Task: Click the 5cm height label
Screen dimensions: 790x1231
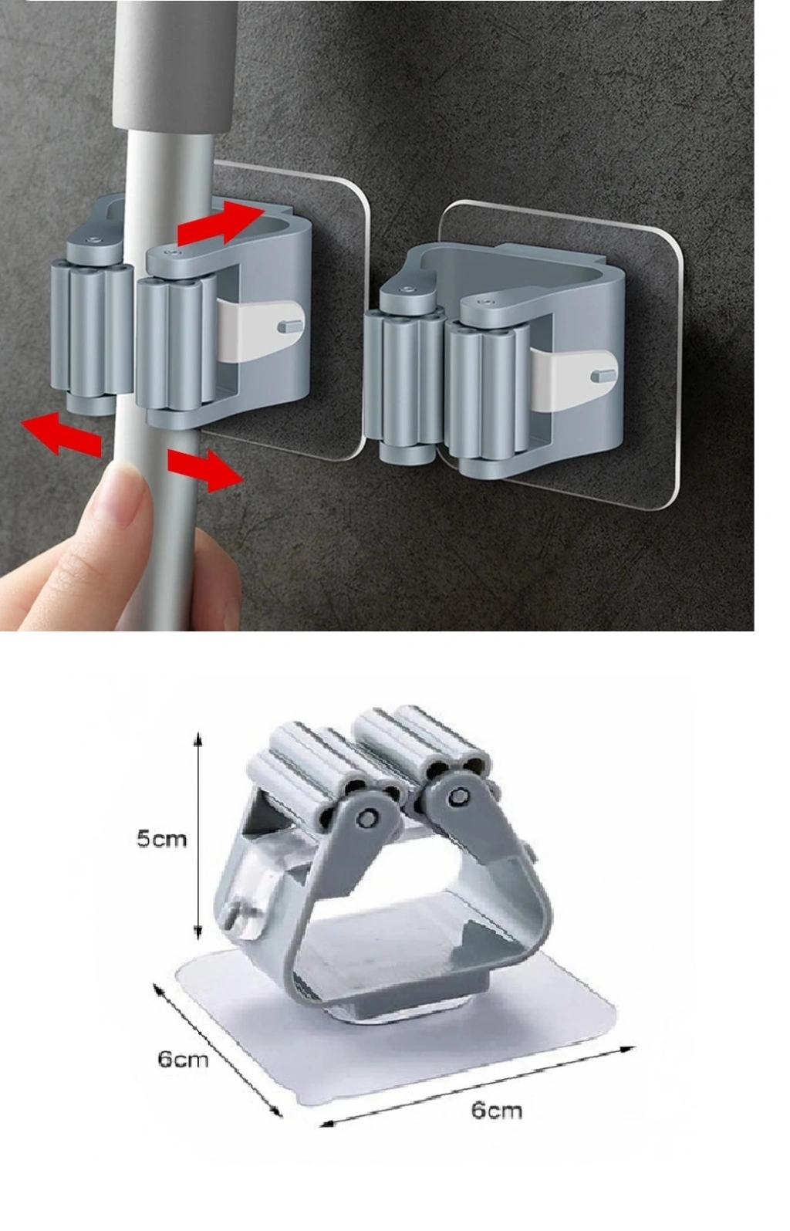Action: point(161,839)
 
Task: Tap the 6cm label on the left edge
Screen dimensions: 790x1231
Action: point(183,1058)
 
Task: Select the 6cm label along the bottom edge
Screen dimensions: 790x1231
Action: point(497,1110)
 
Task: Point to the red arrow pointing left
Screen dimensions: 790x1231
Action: point(60,435)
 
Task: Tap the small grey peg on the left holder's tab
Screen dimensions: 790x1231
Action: point(289,326)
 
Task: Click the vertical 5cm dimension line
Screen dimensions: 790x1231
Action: point(198,835)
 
